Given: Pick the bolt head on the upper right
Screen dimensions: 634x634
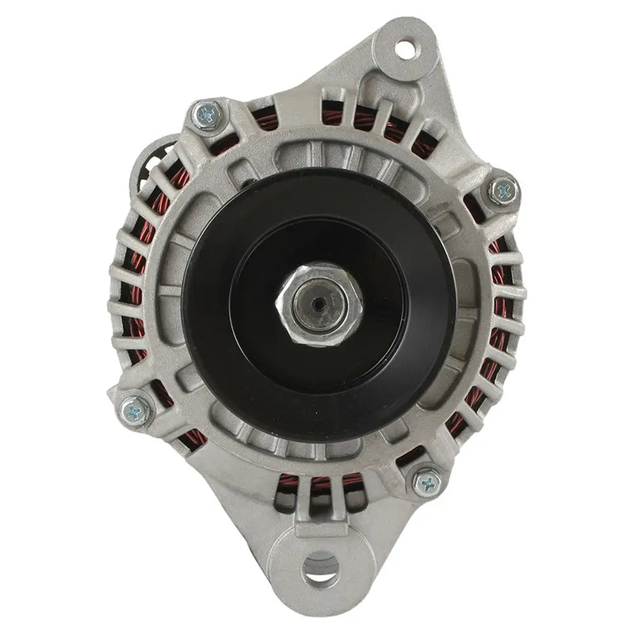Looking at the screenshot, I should pos(502,190).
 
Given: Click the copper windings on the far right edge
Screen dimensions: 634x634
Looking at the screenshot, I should pos(498,317).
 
